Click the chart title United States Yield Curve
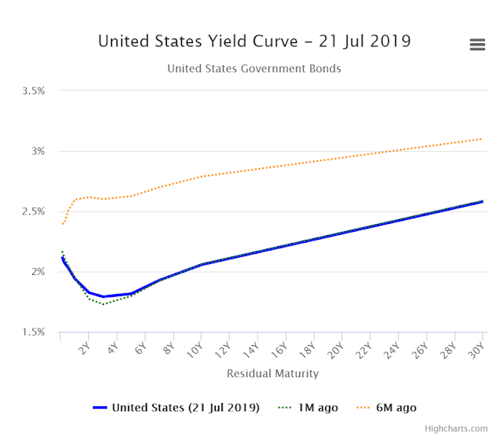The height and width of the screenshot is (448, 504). point(254,41)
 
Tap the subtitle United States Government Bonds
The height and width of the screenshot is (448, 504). point(254,69)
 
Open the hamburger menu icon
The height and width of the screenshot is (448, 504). point(477,45)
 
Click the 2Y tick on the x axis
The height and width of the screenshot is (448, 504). point(84,348)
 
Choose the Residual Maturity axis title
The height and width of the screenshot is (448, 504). point(272,373)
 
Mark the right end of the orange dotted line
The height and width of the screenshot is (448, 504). point(482,139)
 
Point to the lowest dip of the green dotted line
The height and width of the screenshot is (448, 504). point(102,304)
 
